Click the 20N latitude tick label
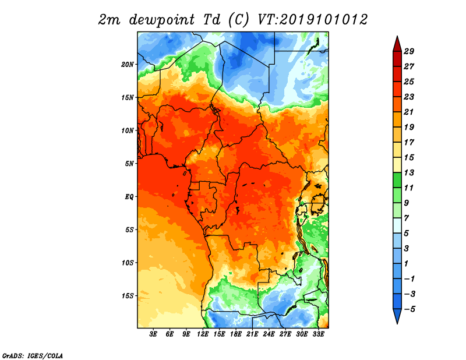[127, 65]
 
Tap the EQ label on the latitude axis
[129, 197]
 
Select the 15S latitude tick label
[127, 296]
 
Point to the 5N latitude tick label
[129, 164]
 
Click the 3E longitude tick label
[153, 334]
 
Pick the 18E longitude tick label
[236, 334]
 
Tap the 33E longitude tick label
[318, 334]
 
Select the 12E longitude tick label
[203, 334]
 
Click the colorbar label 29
[409, 51]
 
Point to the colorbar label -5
[409, 309]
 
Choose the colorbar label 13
[409, 172]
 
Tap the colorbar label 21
[409, 112]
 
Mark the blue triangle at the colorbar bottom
[397, 315]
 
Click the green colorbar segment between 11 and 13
[397, 180]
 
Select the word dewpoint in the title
[162, 20]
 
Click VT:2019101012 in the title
[312, 20]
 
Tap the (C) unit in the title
[238, 20]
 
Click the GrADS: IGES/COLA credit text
[33, 355]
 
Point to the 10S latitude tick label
[127, 263]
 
